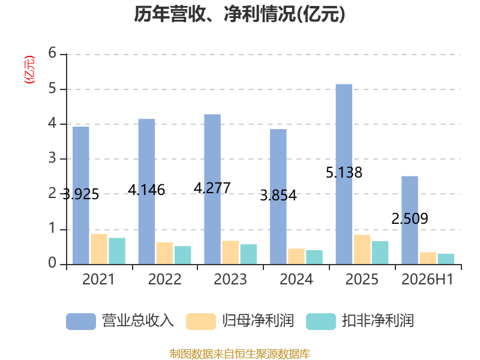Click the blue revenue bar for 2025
pos(344,174)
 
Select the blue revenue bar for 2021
pos(81,196)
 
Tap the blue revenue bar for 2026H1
pos(410,220)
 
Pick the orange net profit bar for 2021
pos(99,249)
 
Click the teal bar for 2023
pos(248,254)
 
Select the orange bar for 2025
pos(362,250)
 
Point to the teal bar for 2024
pos(314,257)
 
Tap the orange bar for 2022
pos(164,253)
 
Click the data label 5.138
pos(344,173)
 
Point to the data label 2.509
pos(410,218)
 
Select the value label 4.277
pos(212,188)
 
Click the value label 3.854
pos(278,196)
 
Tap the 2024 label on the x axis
pos(296,279)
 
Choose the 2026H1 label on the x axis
pos(427,279)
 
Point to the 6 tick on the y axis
pos(52,53)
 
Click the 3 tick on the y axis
pos(52,158)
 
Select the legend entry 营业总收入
pos(120,321)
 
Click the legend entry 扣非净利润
pos(360,321)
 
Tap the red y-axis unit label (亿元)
pos(29,70)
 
